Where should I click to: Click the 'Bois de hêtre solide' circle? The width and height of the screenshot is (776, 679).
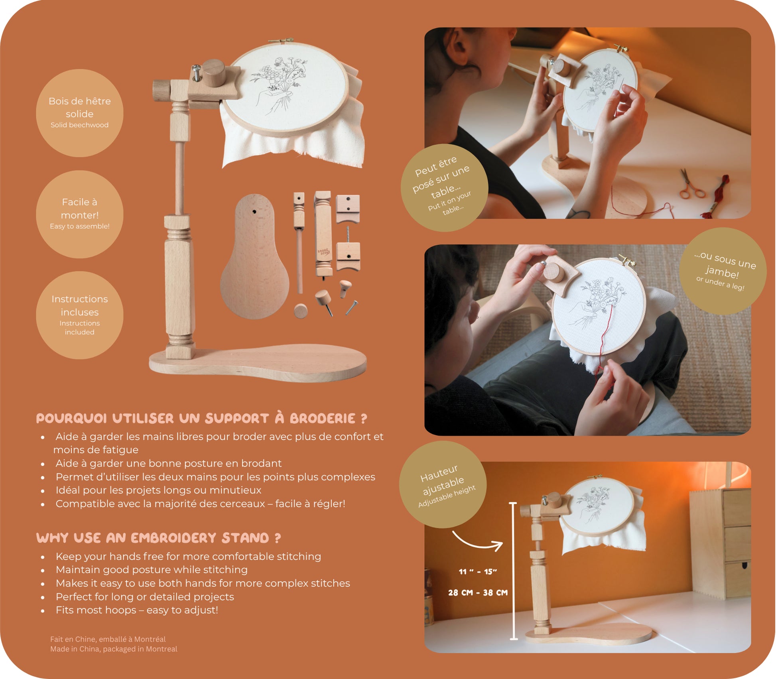pyautogui.click(x=79, y=113)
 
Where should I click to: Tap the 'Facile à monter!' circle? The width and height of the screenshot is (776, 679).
pyautogui.click(x=79, y=214)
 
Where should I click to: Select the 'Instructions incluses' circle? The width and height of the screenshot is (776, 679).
pyautogui.click(x=79, y=315)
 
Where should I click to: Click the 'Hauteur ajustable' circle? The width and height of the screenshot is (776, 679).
pyautogui.click(x=443, y=484)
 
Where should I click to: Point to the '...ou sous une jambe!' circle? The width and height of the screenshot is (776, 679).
pyautogui.click(x=723, y=271)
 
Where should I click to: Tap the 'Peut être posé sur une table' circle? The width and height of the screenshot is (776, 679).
pyautogui.click(x=444, y=187)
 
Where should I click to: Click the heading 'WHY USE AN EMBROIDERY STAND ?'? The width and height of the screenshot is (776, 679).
pyautogui.click(x=158, y=538)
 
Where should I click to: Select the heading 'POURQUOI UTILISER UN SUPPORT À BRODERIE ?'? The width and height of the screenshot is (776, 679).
pyautogui.click(x=201, y=418)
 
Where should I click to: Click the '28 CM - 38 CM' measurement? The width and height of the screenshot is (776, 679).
pyautogui.click(x=478, y=592)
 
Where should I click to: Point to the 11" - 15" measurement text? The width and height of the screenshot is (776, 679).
pyautogui.click(x=478, y=571)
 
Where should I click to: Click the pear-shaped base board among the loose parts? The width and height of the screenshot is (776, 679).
pyautogui.click(x=254, y=256)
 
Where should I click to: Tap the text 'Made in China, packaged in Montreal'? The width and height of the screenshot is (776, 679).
pyautogui.click(x=114, y=649)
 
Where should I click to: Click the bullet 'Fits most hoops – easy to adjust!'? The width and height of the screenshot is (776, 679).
pyautogui.click(x=137, y=610)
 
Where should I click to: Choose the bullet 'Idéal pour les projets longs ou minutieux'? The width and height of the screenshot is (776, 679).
pyautogui.click(x=158, y=490)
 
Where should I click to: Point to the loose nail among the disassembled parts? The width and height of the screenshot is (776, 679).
pyautogui.click(x=351, y=308)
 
